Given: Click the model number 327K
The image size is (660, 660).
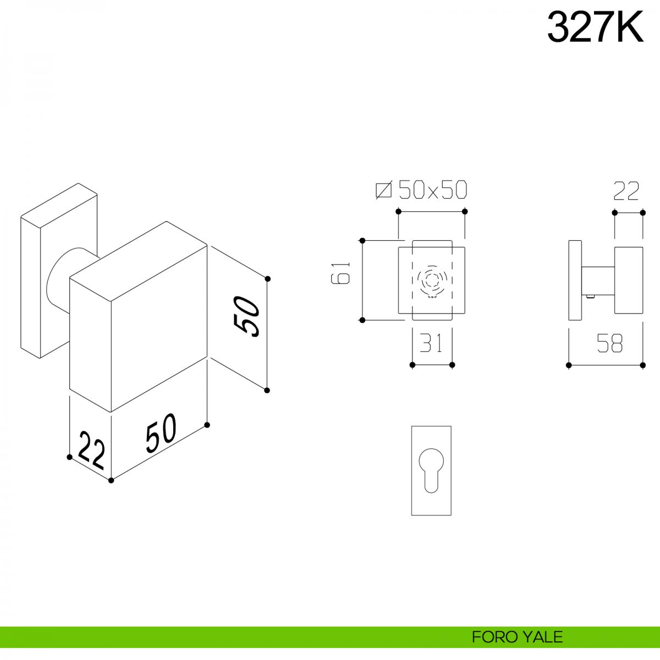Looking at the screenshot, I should tap(595, 28).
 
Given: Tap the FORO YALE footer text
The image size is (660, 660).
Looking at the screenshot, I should tap(517, 637).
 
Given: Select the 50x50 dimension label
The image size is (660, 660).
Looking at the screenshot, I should tap(432, 190).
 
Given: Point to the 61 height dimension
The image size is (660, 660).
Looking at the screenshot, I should tap(341, 273).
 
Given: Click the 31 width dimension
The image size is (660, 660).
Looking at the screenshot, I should tap(432, 344).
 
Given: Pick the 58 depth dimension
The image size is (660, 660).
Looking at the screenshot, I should tap(610, 344).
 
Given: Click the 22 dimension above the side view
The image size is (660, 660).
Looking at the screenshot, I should tap(626, 191).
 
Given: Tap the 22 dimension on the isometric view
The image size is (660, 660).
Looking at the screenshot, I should tap(91, 449).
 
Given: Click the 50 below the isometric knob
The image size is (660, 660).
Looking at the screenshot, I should tap(161, 432).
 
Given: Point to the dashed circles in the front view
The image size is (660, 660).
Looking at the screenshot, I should tap(432, 280).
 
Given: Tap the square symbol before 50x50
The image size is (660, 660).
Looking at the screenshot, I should tap(383, 190).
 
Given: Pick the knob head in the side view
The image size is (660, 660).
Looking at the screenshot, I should tap(629, 280).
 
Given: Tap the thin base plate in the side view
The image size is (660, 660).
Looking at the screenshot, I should tap(575, 280).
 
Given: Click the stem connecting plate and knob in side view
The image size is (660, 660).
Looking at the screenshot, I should tap(598, 280).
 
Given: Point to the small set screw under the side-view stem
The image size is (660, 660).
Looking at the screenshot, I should tap(591, 297).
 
